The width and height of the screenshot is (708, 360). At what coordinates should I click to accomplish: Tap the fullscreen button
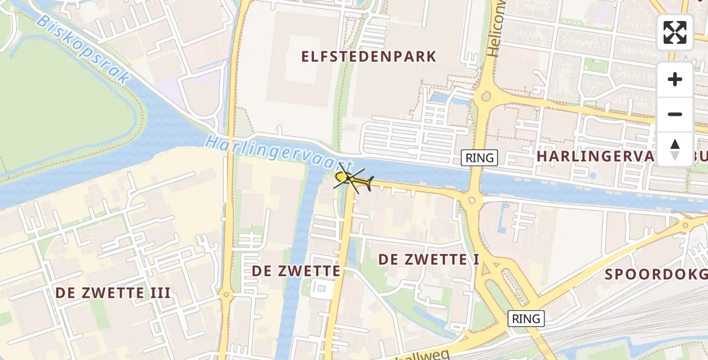coord(675,32)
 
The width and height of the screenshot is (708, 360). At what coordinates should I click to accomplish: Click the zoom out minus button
coord(675,115)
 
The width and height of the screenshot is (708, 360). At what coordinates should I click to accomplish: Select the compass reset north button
coord(675,149)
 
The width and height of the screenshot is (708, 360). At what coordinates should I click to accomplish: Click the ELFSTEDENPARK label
coord(368,57)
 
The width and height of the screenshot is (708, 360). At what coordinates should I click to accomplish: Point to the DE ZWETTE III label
coord(113,293)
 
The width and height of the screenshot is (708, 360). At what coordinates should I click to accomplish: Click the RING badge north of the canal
coord(479,158)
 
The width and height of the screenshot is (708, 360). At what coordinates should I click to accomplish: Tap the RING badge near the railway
coord(526,319)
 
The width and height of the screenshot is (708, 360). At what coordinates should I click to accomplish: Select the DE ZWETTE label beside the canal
coord(296,271)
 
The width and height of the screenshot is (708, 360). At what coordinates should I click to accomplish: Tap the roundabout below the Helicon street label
coord(485,96)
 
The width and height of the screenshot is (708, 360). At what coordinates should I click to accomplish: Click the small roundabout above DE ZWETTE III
coord(226,295)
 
